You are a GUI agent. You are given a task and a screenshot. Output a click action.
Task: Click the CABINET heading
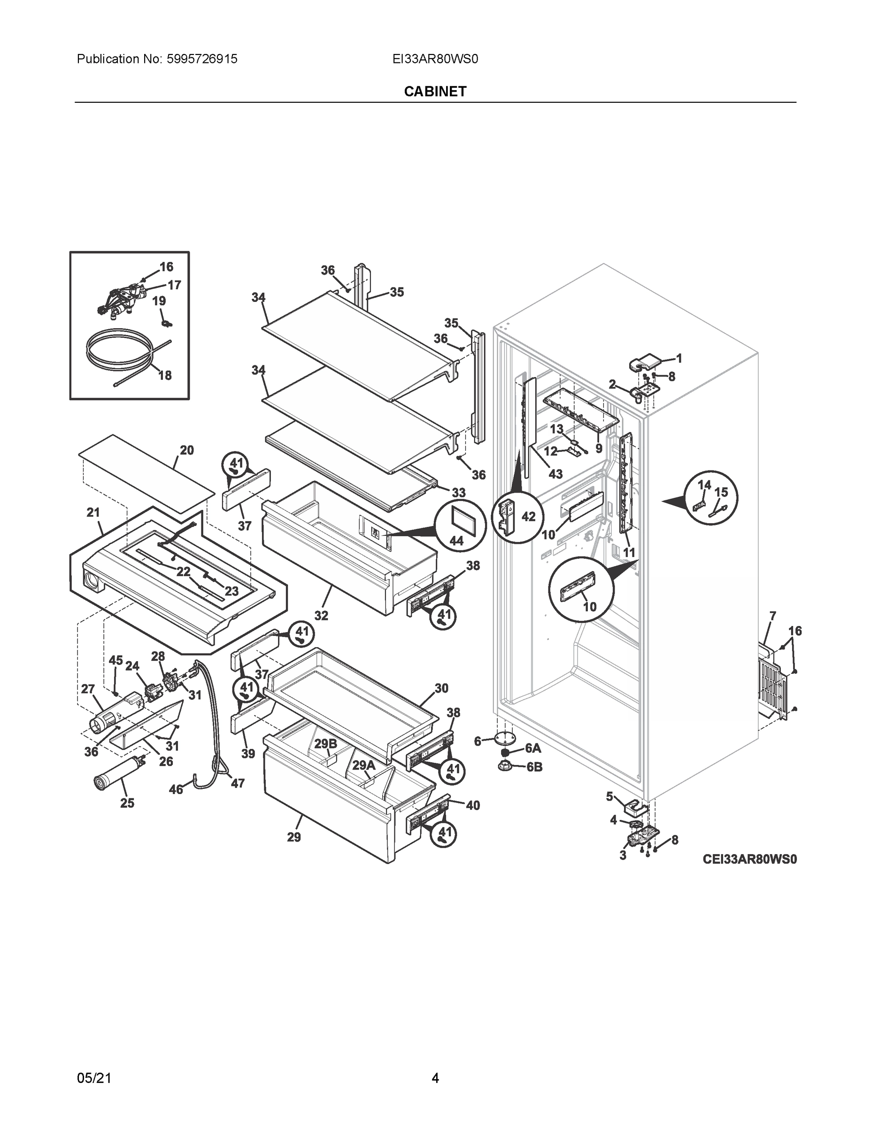(x=435, y=92)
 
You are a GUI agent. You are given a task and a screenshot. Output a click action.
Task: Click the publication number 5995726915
(x=202, y=59)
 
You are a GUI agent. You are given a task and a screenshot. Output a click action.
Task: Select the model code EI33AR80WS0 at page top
(x=435, y=59)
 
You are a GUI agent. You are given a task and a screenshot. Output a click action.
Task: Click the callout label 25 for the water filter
(x=127, y=803)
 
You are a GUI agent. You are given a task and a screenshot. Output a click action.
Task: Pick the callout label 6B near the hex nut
(x=534, y=767)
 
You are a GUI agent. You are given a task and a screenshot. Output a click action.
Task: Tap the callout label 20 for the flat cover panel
(x=187, y=450)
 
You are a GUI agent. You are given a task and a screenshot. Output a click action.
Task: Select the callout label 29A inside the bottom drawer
(x=364, y=765)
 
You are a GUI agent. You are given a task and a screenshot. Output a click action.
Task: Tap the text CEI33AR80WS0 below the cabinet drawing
(x=749, y=859)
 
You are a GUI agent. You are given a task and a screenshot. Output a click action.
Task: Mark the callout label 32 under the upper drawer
(x=321, y=616)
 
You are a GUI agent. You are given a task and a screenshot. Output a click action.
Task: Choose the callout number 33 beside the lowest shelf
(x=458, y=492)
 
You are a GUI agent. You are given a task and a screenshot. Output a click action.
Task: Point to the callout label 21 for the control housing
(x=93, y=512)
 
